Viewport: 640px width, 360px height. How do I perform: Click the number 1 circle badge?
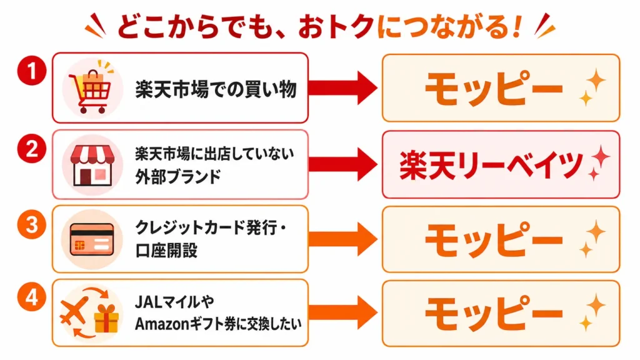[x=31, y=71]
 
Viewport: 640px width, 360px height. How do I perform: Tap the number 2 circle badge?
[x=31, y=148]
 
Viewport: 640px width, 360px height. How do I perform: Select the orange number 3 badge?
[x=31, y=225]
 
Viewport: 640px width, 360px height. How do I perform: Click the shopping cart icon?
[x=92, y=87]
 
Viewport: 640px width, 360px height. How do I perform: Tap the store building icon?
[x=92, y=166]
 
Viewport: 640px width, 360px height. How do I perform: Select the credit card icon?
[x=92, y=239]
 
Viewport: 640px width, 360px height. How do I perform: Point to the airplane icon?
[x=74, y=311]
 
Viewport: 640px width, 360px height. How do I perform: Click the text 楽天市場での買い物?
[x=216, y=89]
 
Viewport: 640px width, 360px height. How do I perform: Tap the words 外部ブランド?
[x=178, y=177]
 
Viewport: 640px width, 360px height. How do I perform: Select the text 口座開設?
[x=166, y=250]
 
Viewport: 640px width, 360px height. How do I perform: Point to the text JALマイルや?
[x=175, y=302]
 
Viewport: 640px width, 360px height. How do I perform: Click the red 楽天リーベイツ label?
[x=491, y=165]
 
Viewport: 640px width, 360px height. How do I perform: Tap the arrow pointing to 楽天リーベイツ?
[x=343, y=164]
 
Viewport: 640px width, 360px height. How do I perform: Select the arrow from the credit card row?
[x=343, y=239]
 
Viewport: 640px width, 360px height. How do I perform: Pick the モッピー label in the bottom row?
[x=494, y=314]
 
